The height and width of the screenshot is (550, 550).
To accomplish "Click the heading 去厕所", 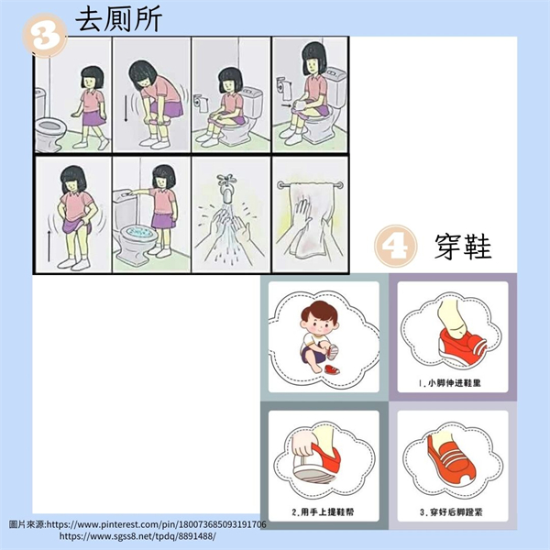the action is click(118, 19).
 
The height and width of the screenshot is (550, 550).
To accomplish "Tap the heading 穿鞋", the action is click(463, 247).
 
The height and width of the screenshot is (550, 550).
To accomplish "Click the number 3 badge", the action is click(45, 36).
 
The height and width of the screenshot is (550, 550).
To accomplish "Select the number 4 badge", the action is click(396, 247).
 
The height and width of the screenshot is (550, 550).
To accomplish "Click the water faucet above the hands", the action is click(226, 188).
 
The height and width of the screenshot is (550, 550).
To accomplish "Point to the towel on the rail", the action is click(311, 219).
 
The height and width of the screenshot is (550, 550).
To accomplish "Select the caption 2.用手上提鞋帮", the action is click(323, 511).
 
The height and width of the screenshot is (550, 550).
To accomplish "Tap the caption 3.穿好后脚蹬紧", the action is click(451, 511).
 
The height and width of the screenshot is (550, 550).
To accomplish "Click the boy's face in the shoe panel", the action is click(319, 324).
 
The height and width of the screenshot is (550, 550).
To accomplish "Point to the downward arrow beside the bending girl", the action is click(126, 108).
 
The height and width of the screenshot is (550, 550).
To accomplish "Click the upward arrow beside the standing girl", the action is click(49, 246).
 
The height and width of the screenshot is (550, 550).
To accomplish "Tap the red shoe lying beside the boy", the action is click(332, 369).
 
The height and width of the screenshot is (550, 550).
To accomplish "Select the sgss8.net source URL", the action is click(137, 535).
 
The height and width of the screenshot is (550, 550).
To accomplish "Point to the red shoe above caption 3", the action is click(452, 460).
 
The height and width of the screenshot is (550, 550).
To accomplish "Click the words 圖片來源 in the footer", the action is click(27, 524).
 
